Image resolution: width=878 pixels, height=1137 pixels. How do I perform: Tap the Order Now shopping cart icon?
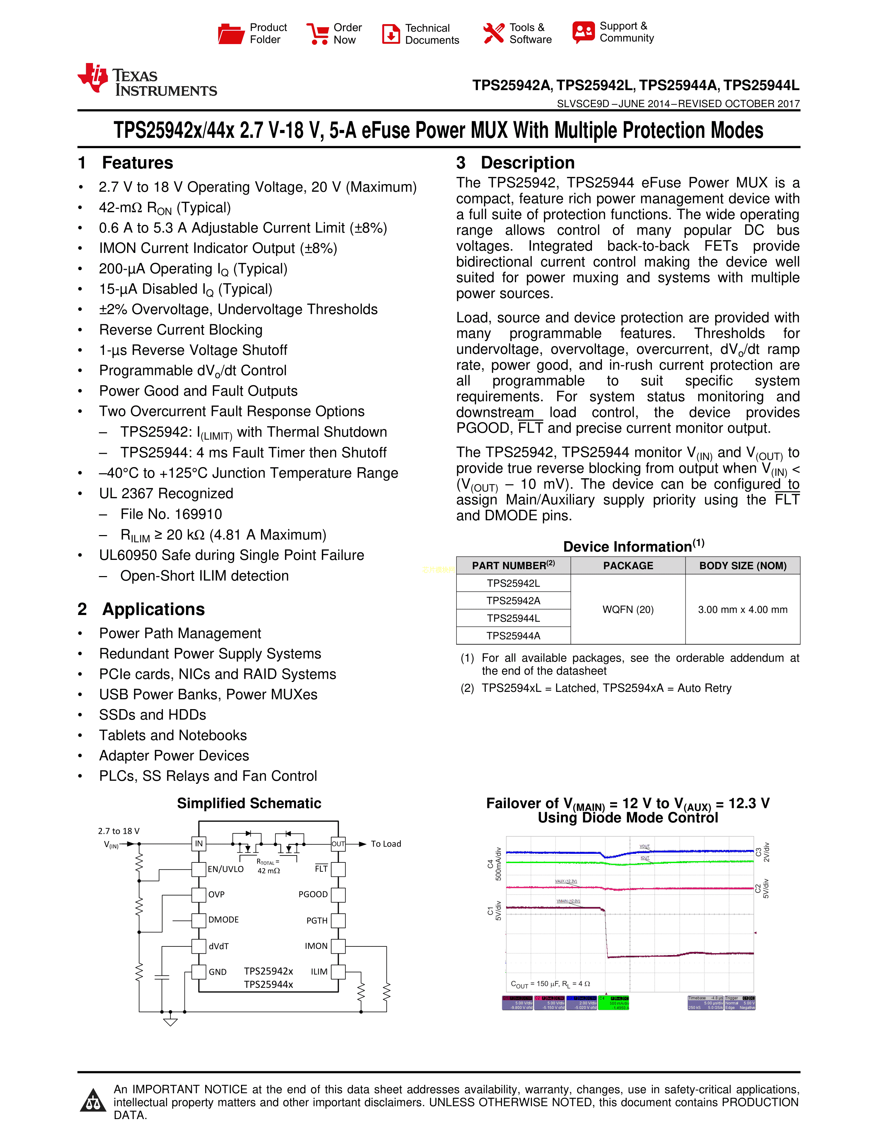coord(317,34)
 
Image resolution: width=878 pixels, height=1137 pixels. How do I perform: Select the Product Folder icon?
coord(231,34)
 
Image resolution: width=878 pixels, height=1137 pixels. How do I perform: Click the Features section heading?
coord(137,163)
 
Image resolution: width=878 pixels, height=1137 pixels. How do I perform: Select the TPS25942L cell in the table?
coord(513,583)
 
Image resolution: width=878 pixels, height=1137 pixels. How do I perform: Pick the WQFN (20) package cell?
coord(628,609)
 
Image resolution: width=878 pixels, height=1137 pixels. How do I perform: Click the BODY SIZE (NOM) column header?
coord(742,565)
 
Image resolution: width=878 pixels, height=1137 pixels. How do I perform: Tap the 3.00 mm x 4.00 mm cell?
coord(742,609)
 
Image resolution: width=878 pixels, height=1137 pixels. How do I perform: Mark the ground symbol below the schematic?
coord(170,1022)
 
